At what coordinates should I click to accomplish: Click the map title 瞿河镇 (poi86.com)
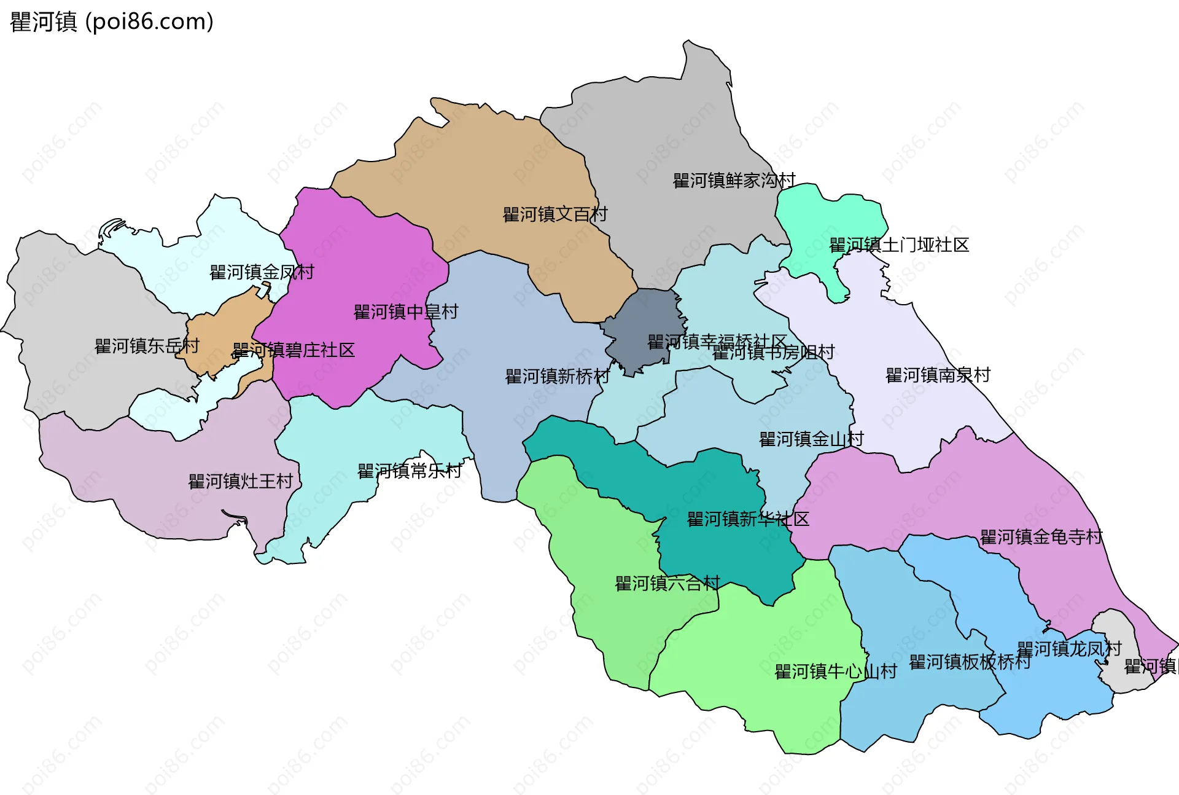tap(112, 22)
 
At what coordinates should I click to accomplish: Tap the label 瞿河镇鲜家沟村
tap(734, 181)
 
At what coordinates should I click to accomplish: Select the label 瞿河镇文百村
tap(555, 214)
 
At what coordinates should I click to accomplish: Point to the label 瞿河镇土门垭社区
tap(899, 245)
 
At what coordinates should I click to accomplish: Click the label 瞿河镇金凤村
tap(262, 272)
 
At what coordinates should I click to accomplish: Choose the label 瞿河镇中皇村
tap(406, 312)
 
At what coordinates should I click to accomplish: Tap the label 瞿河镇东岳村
tap(147, 347)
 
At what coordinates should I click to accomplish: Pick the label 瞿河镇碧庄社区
tap(294, 350)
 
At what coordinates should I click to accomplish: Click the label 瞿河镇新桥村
tap(558, 377)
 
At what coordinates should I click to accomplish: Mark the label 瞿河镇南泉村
tap(938, 375)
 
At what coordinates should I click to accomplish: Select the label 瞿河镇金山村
tap(811, 439)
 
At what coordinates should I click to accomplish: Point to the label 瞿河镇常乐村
tap(410, 471)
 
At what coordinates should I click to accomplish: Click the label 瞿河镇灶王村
tap(241, 481)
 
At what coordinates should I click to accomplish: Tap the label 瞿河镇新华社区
tap(748, 520)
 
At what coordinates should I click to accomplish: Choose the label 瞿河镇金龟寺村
tap(1041, 538)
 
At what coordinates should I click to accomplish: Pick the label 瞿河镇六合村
tap(667, 584)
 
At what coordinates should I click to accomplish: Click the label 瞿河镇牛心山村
tap(836, 672)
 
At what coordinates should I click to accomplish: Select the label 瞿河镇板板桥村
tap(970, 662)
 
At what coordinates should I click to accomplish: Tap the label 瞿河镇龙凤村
tap(1069, 649)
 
